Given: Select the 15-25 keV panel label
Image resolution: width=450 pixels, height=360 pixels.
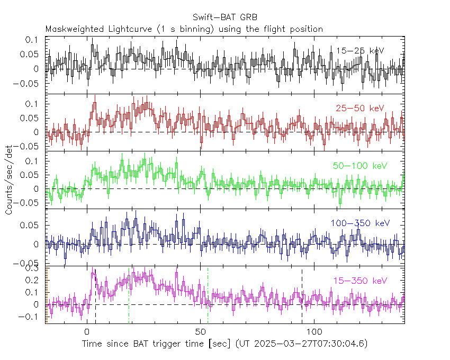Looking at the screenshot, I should point(360,50).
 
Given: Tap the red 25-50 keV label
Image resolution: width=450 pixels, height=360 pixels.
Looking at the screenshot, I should point(360,109).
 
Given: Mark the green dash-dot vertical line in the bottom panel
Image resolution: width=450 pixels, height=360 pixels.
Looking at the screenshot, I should point(208,296).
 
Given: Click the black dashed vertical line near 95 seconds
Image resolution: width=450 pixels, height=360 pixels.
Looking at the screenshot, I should point(302,296).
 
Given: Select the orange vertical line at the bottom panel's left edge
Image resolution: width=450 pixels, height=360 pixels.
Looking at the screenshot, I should point(47,296).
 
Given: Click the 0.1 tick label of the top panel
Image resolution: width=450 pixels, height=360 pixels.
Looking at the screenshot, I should point(33,40).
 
